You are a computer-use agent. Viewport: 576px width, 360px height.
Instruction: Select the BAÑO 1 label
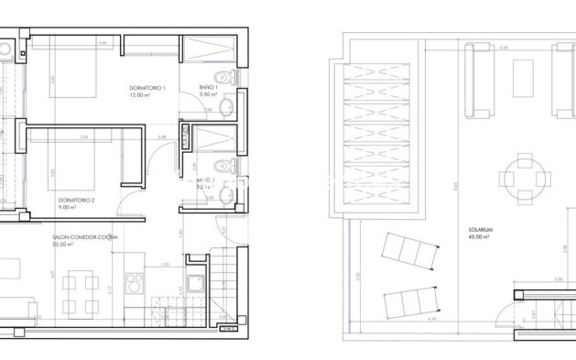[208, 87]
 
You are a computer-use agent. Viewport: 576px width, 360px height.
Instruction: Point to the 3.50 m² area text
[209, 95]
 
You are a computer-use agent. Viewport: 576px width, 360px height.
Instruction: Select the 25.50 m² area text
[66, 245]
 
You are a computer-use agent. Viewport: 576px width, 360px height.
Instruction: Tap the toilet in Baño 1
[215, 74]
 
